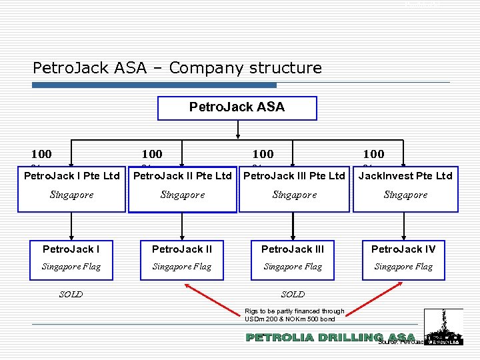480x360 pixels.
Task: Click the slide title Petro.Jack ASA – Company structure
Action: click(177, 68)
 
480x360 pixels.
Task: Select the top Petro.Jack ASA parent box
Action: click(237, 107)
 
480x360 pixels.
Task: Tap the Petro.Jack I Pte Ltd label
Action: click(72, 176)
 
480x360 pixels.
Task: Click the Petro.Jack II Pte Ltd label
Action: click(182, 176)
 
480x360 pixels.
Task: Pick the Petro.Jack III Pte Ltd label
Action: click(294, 176)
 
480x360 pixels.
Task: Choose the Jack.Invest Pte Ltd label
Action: click(405, 176)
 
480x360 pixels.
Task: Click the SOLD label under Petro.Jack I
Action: click(71, 294)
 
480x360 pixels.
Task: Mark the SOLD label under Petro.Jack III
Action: click(293, 294)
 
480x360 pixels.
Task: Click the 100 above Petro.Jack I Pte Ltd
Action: click(41, 154)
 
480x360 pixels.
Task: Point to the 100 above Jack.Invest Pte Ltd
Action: click(373, 154)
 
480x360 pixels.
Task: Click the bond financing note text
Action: click(294, 315)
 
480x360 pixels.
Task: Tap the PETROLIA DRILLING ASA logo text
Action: click(330, 337)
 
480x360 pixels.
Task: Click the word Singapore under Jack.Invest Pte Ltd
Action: click(405, 195)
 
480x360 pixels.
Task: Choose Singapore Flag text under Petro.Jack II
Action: click(181, 267)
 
